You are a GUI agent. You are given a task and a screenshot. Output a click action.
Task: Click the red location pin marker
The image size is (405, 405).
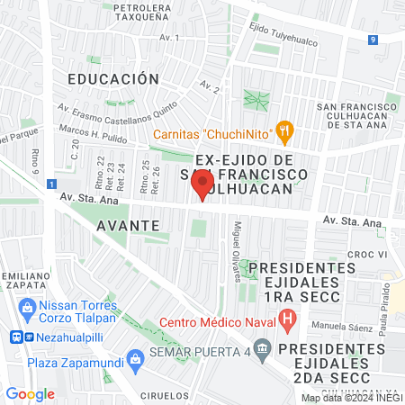click(200, 186)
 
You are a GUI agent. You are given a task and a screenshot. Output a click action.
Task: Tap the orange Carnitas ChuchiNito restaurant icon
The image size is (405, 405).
click(285, 132)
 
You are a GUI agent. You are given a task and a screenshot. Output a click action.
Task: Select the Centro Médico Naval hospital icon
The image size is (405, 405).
click(287, 318)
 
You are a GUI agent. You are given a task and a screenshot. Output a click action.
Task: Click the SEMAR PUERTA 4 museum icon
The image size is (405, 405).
click(261, 346)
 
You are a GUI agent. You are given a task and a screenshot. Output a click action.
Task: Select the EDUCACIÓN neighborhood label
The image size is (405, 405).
click(106, 79)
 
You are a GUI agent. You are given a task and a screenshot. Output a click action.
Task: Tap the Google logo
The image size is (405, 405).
click(30, 393)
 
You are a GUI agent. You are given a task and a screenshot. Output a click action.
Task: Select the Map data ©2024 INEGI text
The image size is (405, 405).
click(350, 397)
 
